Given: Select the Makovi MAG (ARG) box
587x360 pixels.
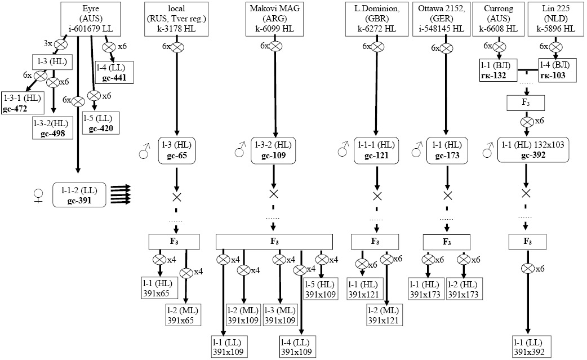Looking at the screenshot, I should (274, 18).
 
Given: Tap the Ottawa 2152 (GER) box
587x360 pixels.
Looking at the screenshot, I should (447, 18).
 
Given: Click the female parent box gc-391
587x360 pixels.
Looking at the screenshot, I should (79, 194).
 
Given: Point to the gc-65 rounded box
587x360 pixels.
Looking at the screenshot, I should (176, 149).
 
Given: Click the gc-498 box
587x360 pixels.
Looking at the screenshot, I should (52, 128).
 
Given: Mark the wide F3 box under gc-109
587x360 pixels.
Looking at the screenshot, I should (274, 241).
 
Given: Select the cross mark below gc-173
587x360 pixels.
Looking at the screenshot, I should (448, 196).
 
